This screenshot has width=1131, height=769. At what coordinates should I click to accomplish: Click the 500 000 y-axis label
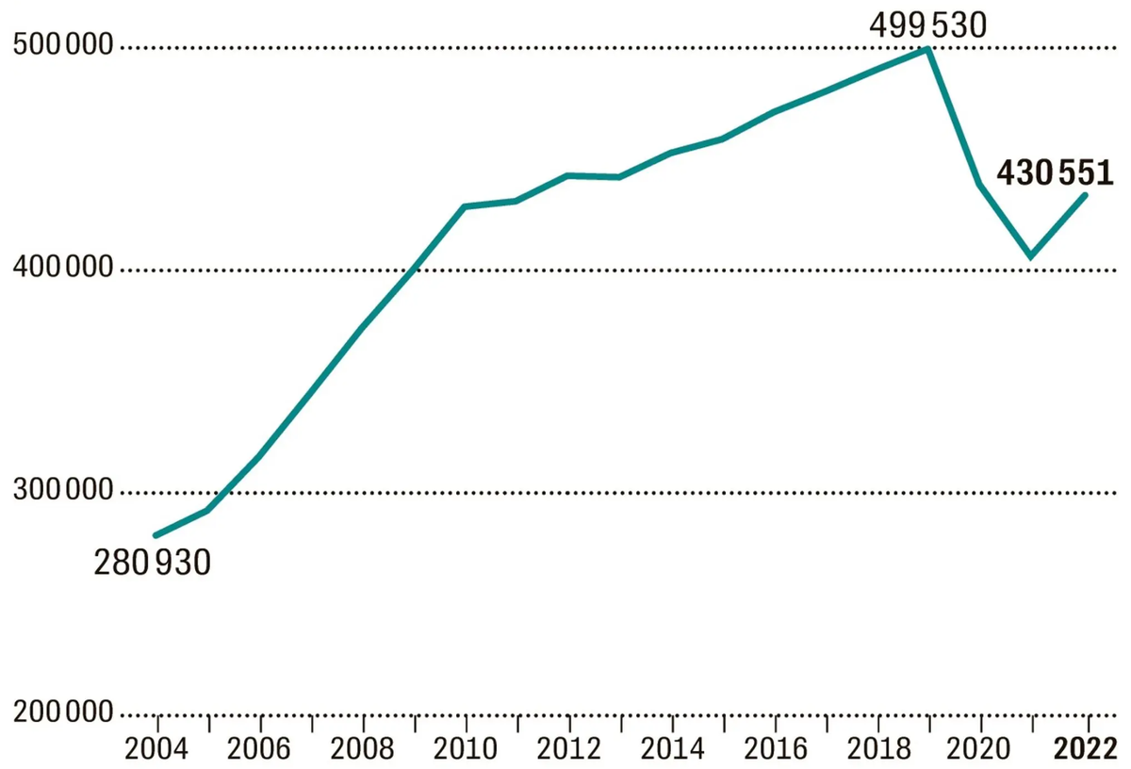[63, 44]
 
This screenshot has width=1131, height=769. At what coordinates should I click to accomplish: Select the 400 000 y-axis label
[63, 267]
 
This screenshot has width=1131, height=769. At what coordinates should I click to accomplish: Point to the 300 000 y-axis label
[63, 489]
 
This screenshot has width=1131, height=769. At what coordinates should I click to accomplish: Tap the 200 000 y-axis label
[63, 712]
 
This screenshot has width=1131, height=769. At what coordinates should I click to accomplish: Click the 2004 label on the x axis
[156, 749]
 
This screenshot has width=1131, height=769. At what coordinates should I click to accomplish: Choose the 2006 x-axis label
[259, 749]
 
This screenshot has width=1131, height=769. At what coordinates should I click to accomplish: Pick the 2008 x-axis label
[362, 749]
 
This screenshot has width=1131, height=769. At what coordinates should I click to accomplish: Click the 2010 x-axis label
[465, 749]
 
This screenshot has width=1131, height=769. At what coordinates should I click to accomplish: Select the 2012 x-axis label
[568, 749]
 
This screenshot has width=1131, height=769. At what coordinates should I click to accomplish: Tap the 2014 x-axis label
[672, 749]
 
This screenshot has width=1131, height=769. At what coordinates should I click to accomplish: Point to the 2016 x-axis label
[776, 749]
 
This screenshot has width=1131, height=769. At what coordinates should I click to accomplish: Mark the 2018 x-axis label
[879, 749]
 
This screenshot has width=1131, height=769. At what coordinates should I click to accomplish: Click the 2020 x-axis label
[978, 749]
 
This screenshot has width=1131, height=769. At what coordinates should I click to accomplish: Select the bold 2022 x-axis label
[1086, 749]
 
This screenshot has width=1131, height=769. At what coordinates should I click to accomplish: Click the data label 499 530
[928, 25]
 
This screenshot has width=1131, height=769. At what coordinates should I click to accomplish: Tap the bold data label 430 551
[1055, 172]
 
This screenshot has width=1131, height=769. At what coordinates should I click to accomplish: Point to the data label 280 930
[152, 563]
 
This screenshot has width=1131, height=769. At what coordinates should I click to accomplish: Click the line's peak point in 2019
[927, 49]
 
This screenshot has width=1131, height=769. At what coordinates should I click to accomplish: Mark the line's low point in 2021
[1030, 256]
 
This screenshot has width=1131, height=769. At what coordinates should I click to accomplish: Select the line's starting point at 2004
[156, 534]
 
